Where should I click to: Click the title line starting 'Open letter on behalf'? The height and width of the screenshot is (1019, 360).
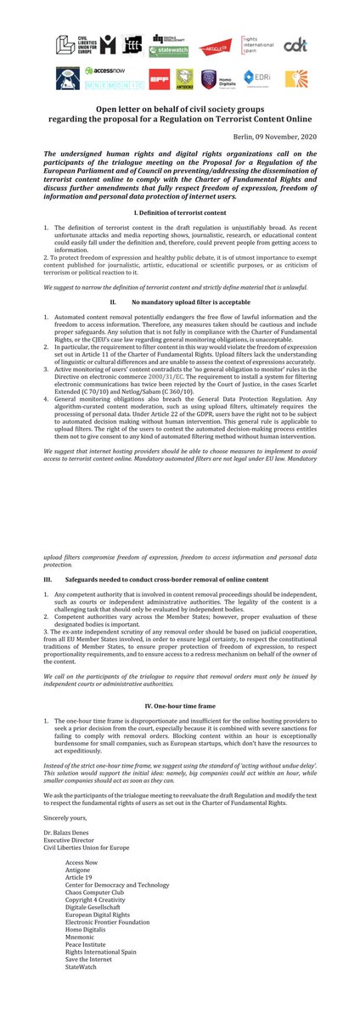coord(179,111)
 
